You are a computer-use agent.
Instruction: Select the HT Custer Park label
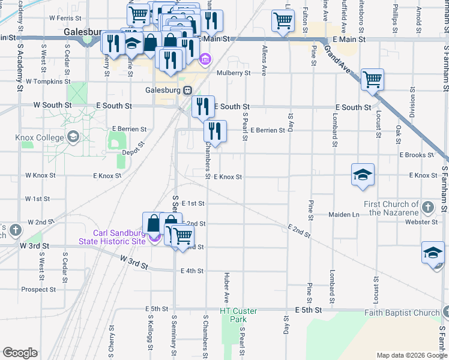(x=238, y=311)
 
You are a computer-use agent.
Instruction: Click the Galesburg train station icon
(x=188, y=90)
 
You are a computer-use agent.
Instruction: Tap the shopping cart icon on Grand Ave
(x=372, y=79)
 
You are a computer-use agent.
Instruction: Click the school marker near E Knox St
(x=363, y=175)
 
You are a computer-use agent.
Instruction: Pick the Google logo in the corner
(x=20, y=353)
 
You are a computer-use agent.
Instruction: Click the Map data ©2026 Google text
(x=412, y=355)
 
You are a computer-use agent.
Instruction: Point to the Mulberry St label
(x=234, y=73)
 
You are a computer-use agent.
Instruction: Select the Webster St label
(x=421, y=222)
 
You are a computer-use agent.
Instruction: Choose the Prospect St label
(x=38, y=289)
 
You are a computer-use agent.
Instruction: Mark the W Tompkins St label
(x=48, y=81)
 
